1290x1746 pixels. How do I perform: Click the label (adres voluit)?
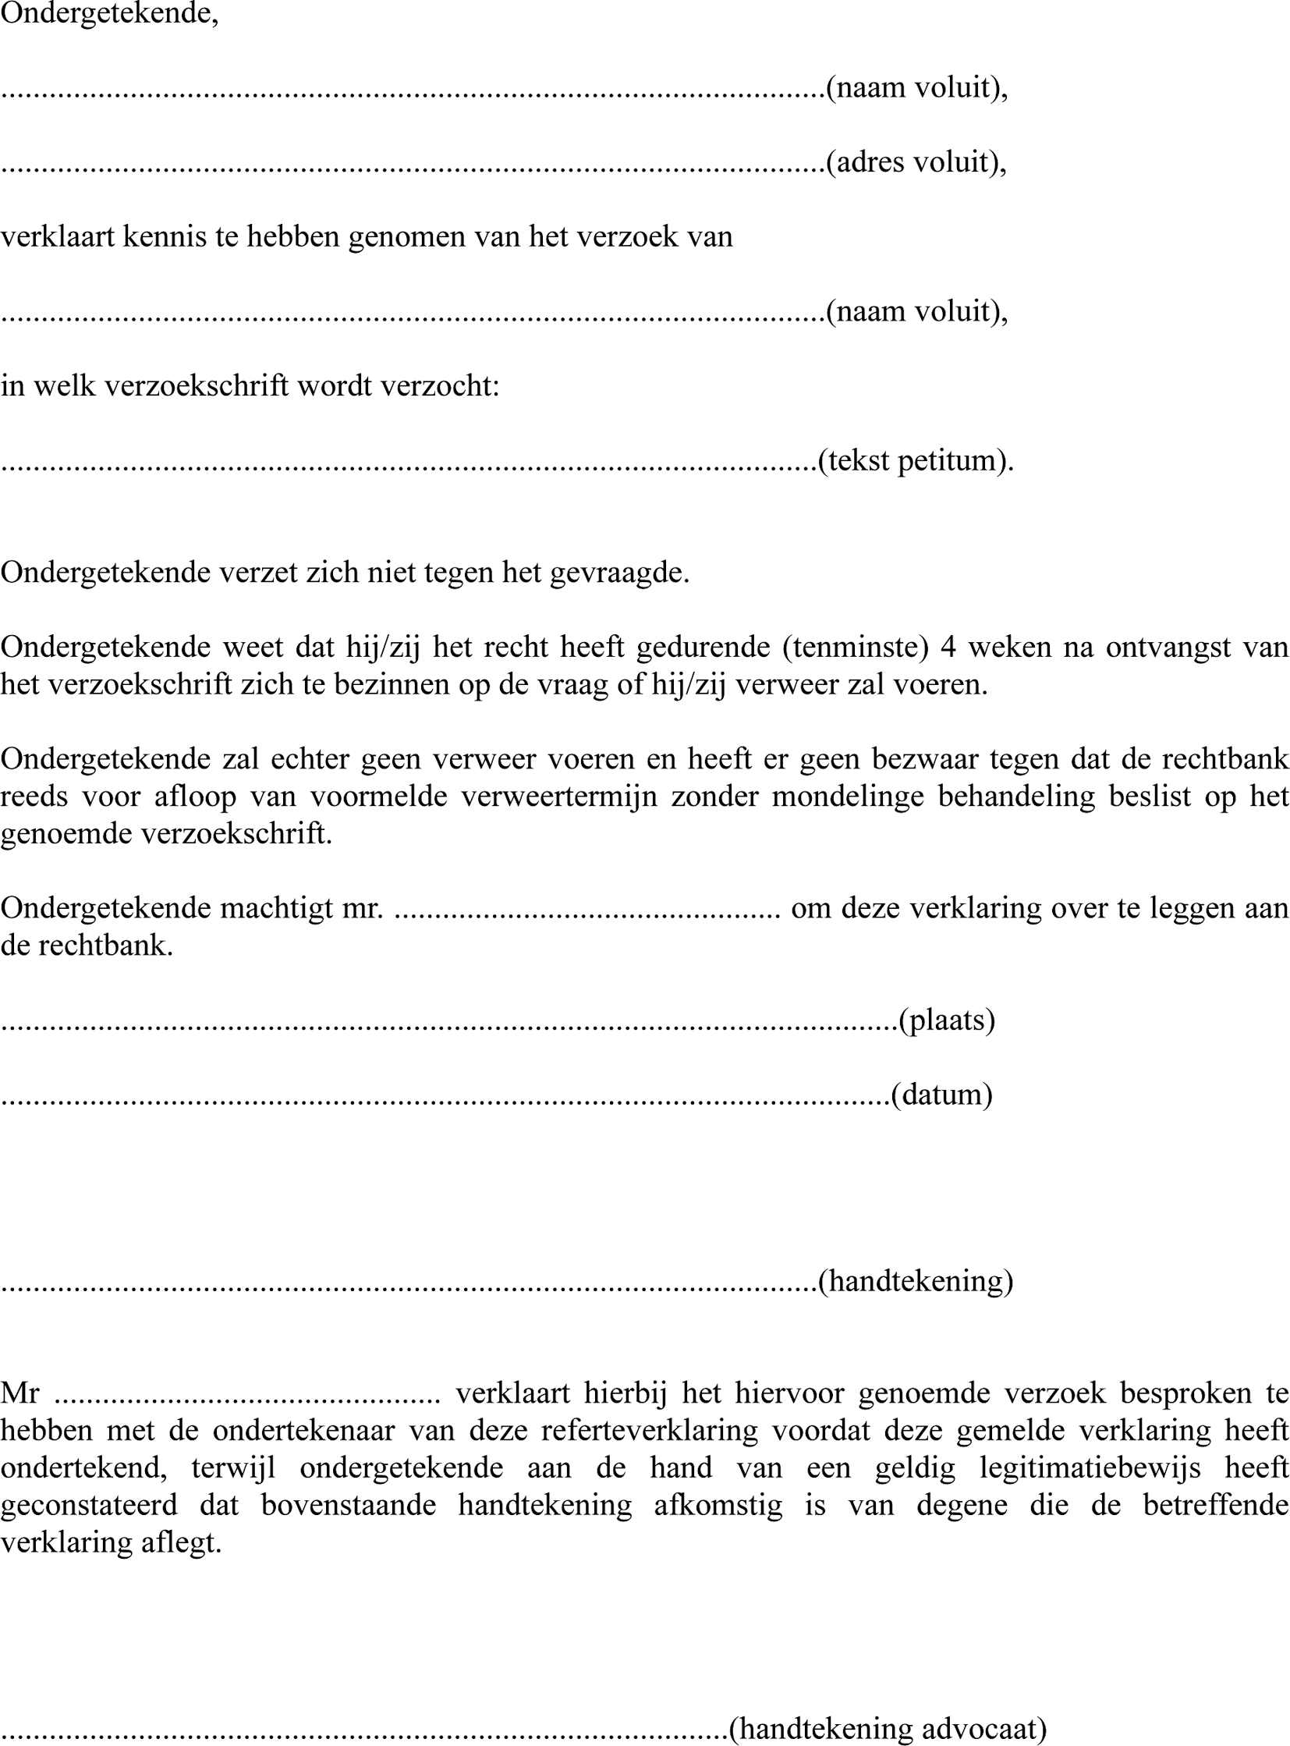[916, 161]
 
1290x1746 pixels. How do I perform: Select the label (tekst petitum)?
[915, 460]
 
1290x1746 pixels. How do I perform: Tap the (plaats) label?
[946, 1020]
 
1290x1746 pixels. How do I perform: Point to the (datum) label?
[941, 1095]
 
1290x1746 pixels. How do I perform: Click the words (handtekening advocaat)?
[888, 1728]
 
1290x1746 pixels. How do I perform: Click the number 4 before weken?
[948, 647]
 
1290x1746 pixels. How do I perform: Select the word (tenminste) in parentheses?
[855, 647]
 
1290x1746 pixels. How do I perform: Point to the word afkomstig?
[718, 1506]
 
